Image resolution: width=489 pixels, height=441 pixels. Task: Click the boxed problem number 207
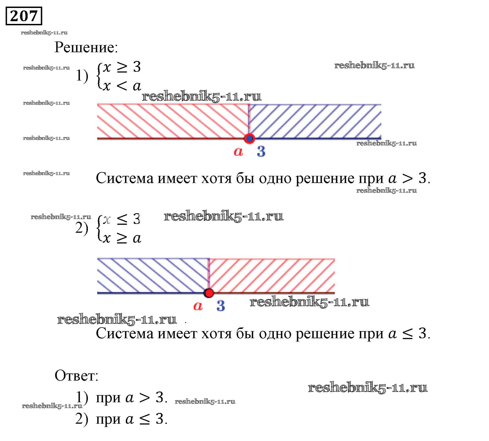(x=24, y=16)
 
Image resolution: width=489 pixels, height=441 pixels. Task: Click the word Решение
(x=86, y=47)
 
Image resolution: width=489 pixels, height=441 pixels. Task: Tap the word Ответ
(x=76, y=375)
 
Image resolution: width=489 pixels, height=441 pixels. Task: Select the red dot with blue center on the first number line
(x=249, y=138)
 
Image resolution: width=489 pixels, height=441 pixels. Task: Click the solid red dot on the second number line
(x=209, y=293)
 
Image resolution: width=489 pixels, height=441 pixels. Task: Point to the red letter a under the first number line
(x=238, y=151)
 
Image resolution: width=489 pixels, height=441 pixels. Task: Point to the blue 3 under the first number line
(x=261, y=151)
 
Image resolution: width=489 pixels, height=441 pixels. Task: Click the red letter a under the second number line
(x=198, y=306)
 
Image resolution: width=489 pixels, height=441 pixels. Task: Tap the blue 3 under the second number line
(x=221, y=306)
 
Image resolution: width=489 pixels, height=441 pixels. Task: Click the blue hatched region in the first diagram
(x=315, y=121)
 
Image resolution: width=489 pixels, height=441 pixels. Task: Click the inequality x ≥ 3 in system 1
(x=122, y=67)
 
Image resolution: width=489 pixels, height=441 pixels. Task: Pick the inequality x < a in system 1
(x=122, y=86)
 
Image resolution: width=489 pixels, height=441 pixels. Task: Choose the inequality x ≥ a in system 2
(x=122, y=238)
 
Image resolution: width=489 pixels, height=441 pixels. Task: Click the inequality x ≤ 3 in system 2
(x=122, y=219)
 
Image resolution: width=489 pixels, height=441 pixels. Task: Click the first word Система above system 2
(x=125, y=178)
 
